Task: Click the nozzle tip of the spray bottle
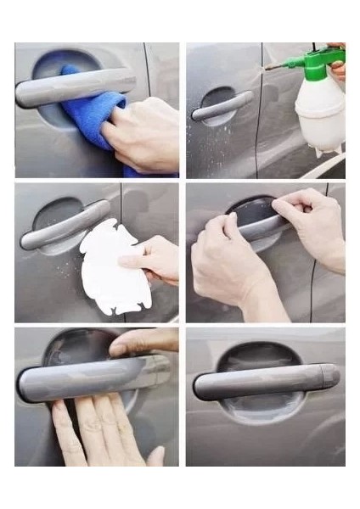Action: tap(267, 65)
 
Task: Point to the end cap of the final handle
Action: tap(329, 374)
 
